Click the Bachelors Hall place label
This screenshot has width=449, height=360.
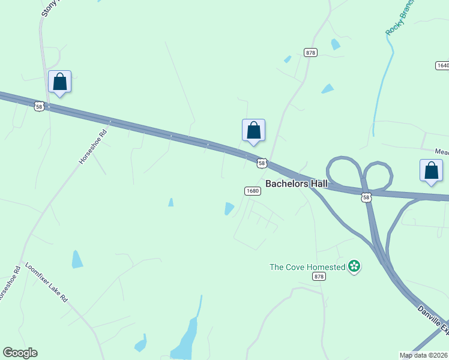point(297,184)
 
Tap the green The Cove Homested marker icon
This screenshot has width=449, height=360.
point(354,266)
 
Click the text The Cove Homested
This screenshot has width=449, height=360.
point(307,267)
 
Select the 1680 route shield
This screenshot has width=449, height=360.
point(252,191)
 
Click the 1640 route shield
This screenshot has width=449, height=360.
point(442,65)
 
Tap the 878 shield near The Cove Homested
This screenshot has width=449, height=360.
point(319,277)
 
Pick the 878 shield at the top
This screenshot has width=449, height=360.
point(310,53)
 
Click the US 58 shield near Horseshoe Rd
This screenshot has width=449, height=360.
point(39,106)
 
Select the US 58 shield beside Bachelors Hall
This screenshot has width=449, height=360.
point(262,163)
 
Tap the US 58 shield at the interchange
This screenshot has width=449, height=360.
point(366,197)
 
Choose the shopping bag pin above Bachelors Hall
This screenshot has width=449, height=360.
point(253,130)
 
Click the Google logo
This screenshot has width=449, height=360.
point(20,353)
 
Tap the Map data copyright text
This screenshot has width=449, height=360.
point(424,355)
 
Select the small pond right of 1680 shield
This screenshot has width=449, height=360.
point(229,208)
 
